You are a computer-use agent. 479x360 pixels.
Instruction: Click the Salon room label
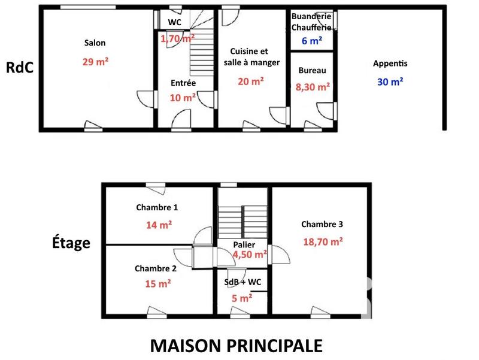coord(95,43)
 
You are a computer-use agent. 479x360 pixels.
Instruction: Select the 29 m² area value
coord(95,62)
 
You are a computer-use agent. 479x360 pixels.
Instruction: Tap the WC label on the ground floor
coord(175,22)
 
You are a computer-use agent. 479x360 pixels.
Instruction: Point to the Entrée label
coord(183,83)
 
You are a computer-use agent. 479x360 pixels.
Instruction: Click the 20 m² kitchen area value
coord(251,81)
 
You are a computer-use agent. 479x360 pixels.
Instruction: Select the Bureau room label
coord(312,71)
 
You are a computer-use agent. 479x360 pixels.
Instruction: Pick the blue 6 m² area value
coord(312,41)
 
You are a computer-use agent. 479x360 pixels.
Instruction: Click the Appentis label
coord(390,63)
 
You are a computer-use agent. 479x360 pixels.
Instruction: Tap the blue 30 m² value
coord(390,82)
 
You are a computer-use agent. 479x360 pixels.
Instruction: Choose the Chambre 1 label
coord(157,208)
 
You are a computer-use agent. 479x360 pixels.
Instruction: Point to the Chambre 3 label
coord(322,225)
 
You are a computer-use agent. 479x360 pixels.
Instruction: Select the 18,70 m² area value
coord(322,241)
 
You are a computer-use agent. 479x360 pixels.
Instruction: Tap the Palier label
coord(244,244)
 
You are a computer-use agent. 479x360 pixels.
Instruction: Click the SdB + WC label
coord(242,282)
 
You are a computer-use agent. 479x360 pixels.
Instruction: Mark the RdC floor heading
coord(19,67)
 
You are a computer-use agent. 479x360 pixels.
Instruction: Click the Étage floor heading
coord(71,243)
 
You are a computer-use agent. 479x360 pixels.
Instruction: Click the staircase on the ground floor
coord(202,50)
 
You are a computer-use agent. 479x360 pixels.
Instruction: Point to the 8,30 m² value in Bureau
coord(313,87)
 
